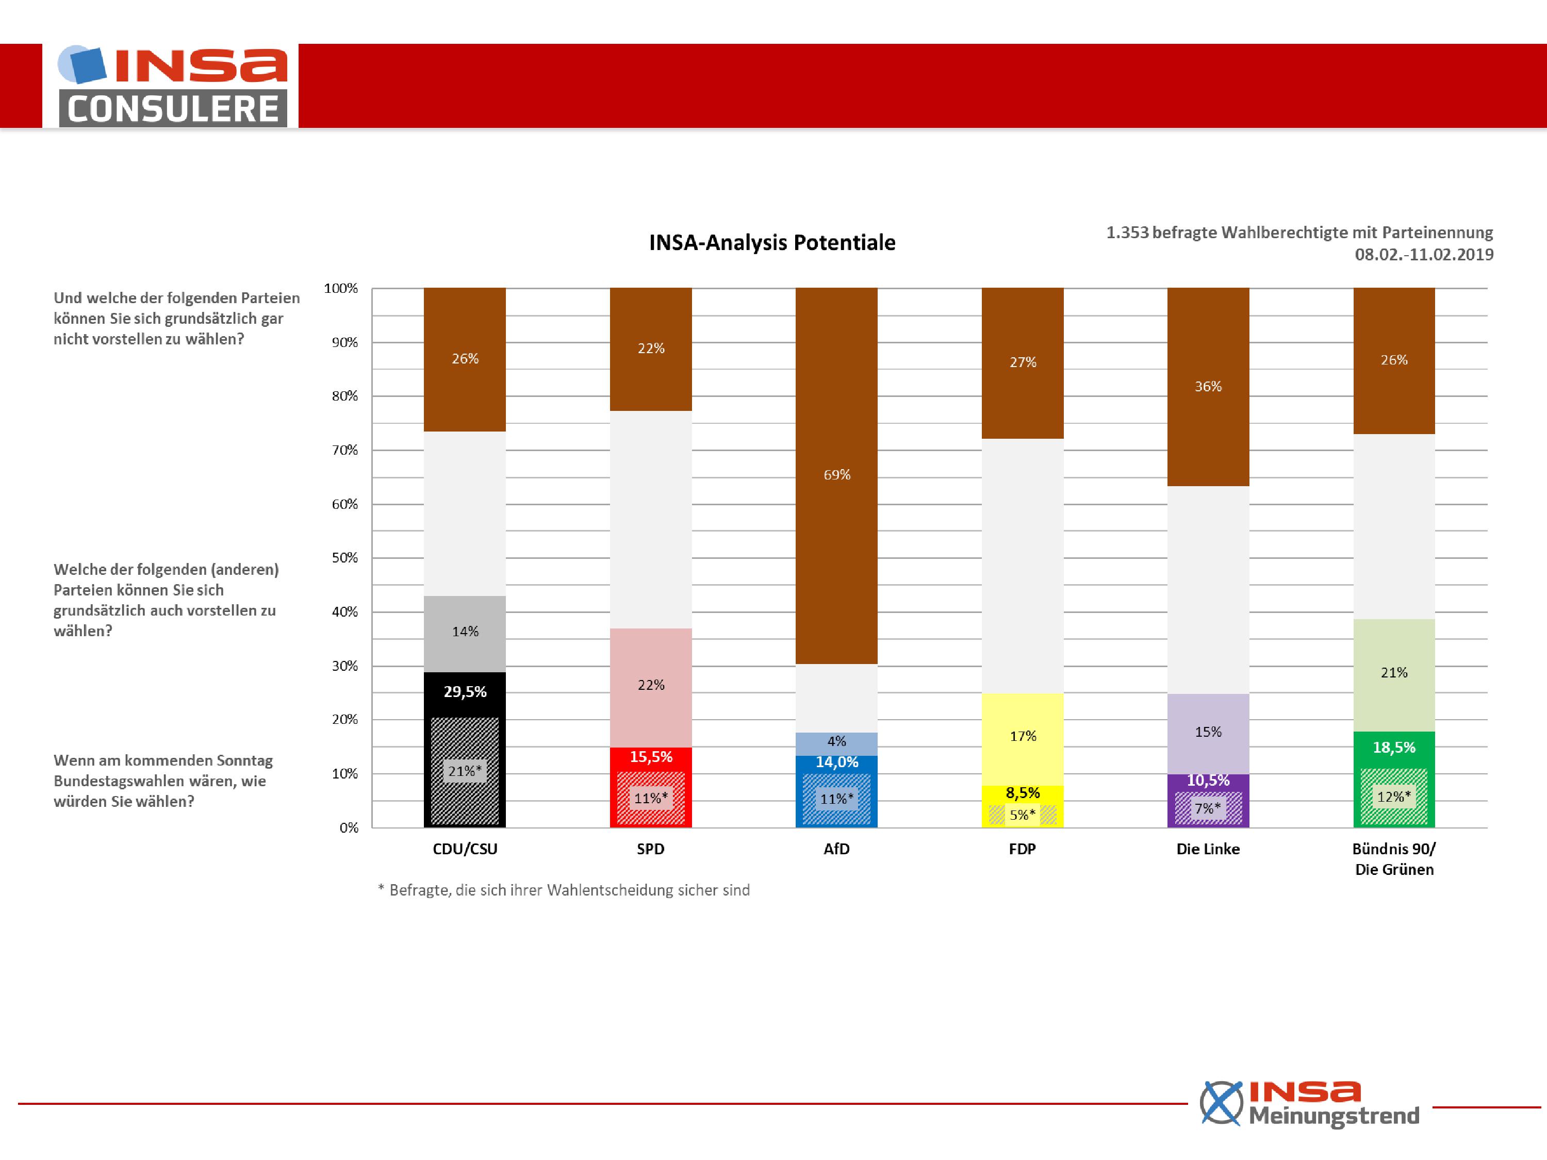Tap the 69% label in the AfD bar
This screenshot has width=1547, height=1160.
pyautogui.click(x=836, y=475)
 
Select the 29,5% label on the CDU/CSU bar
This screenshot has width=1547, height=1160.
pyautogui.click(x=465, y=691)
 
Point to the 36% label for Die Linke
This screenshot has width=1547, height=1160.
pyautogui.click(x=1208, y=386)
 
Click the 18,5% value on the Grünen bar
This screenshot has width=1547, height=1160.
pyautogui.click(x=1394, y=748)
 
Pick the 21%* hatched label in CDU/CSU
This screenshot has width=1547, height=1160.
pyautogui.click(x=465, y=771)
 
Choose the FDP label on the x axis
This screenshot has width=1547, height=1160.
pyautogui.click(x=1023, y=849)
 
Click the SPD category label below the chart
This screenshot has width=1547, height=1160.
pyautogui.click(x=650, y=849)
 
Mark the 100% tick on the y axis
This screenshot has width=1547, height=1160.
pyautogui.click(x=340, y=288)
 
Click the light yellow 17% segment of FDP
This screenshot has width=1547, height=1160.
pyautogui.click(x=1023, y=739)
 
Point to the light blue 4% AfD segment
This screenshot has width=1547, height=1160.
pyautogui.click(x=836, y=744)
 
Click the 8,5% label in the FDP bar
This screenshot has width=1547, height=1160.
pyautogui.click(x=1023, y=793)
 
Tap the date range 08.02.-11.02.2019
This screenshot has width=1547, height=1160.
pyautogui.click(x=1424, y=255)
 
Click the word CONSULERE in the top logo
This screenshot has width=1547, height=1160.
pyautogui.click(x=173, y=109)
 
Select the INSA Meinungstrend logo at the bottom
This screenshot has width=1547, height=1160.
pyautogui.click(x=1309, y=1103)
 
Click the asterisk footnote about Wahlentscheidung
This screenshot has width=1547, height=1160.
pyautogui.click(x=564, y=890)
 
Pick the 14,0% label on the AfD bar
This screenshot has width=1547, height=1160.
pyautogui.click(x=836, y=762)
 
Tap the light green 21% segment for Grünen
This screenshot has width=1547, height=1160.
pyautogui.click(x=1394, y=675)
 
